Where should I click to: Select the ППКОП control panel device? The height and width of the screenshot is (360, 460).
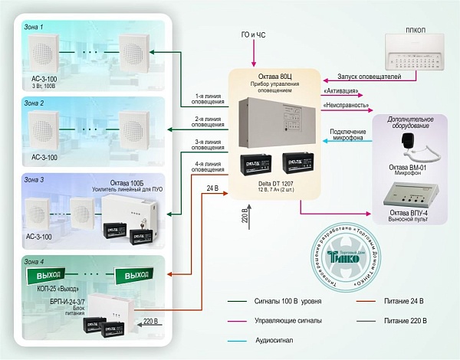pyautogui.click(x=412, y=60)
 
